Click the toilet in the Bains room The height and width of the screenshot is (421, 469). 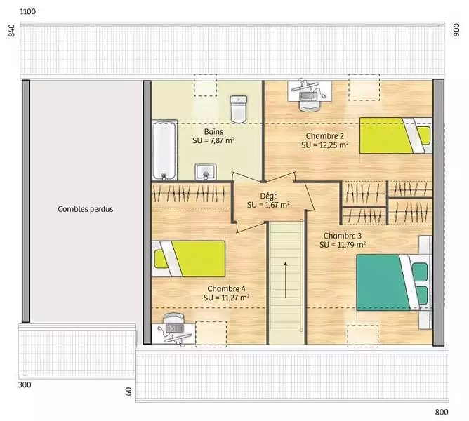tap(239, 109)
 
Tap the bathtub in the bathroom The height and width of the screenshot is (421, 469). tap(164, 150)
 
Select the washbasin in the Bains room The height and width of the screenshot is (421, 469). tap(206, 172)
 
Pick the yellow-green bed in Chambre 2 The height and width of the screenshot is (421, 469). tap(396, 135)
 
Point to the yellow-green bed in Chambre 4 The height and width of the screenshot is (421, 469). tap(188, 259)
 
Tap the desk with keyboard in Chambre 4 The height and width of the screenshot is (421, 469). tap(174, 330)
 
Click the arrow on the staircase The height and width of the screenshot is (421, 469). tap(286, 280)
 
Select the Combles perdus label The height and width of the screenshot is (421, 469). tap(86, 209)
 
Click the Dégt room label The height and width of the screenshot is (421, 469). tap(268, 196)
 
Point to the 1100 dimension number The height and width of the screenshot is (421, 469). tap(27, 12)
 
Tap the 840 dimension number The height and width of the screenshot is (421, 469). tap(11, 30)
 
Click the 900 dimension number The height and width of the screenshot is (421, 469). tap(456, 30)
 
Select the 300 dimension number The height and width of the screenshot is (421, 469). tap(25, 385)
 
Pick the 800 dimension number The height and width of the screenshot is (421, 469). tap(442, 412)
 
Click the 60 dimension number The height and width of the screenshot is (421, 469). tap(128, 392)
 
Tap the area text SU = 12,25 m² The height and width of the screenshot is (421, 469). tap(325, 145)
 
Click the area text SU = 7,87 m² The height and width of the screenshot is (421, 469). tap(213, 140)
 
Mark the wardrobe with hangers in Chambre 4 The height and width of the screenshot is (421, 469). tap(191, 194)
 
